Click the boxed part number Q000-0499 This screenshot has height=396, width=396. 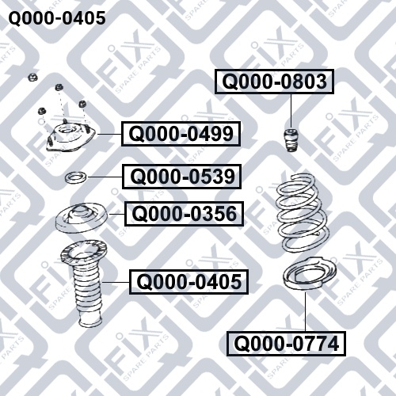coord(181,134)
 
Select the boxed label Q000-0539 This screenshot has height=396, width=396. coord(181,177)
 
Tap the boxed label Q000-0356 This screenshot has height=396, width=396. coord(184,214)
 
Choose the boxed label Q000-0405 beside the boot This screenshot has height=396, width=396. coord(188,282)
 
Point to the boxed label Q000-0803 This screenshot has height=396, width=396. coord(274,82)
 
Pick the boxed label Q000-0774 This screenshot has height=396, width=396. coord(286,344)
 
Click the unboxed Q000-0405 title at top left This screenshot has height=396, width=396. coord(57,18)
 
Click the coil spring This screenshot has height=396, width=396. coord(302,213)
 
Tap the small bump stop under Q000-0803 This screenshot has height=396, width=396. coord(291,140)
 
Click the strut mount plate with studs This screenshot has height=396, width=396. coord(70,137)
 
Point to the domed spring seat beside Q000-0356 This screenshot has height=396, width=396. coord(82,218)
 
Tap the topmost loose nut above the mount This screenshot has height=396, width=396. coord(33,77)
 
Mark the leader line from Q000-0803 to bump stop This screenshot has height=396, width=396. coord(291,111)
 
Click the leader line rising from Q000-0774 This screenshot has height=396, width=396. coord(306,312)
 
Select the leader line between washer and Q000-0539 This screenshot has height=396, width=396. coord(105,177)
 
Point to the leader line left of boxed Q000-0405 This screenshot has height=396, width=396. coord(116,282)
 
